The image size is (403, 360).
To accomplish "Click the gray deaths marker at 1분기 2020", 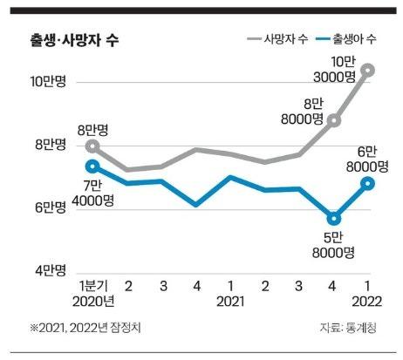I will (x=92, y=146).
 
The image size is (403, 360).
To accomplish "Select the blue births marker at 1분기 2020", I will (x=92, y=166).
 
